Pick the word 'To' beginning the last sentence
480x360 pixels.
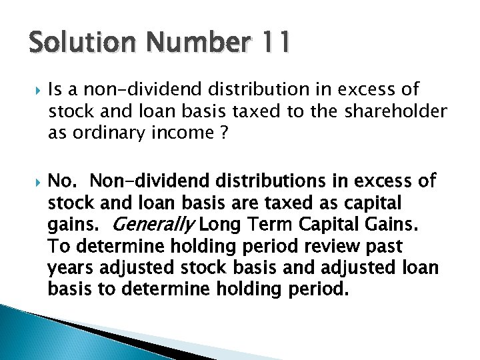[x=59, y=246]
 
